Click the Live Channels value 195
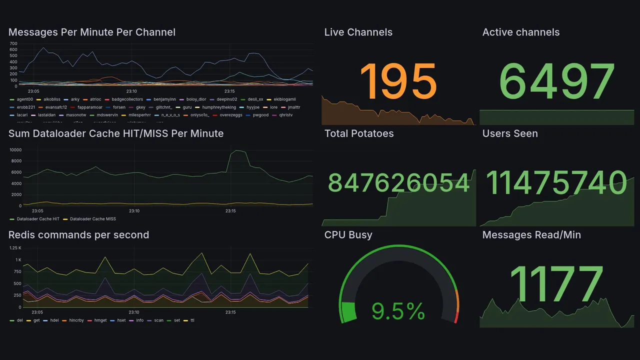(x=398, y=81)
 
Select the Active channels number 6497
(x=556, y=81)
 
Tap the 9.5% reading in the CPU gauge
(x=398, y=312)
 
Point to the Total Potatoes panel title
(x=359, y=133)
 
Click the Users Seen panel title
(x=510, y=133)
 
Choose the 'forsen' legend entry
(x=119, y=107)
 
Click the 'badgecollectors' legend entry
(x=127, y=99)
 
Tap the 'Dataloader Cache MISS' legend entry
(x=93, y=219)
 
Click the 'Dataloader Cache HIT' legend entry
(x=38, y=219)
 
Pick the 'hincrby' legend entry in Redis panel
(x=76, y=320)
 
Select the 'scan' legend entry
(x=158, y=320)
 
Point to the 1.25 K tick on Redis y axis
(x=15, y=248)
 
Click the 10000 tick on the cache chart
(x=15, y=150)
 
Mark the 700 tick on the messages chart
(x=13, y=43)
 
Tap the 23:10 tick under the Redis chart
(x=131, y=312)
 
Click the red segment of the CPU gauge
(x=455, y=317)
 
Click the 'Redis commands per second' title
(x=78, y=235)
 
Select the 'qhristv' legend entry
(x=286, y=115)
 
